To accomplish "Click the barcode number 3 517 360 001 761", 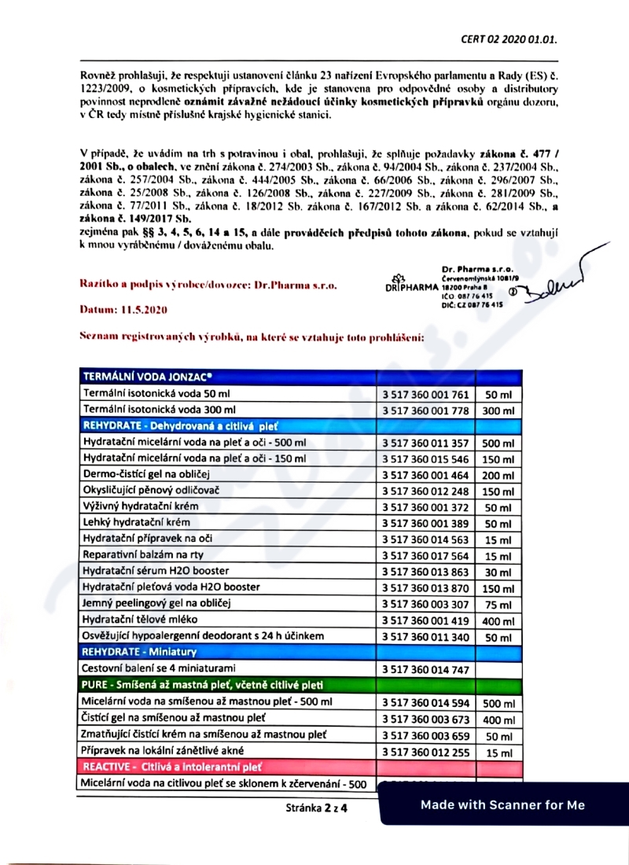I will (425, 394).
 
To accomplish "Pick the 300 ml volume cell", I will (498, 411).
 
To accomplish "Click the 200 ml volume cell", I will (498, 476).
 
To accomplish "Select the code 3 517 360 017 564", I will (425, 556).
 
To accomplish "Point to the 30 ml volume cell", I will (498, 572).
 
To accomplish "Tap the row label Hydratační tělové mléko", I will (142, 619).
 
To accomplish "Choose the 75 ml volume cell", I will (498, 605).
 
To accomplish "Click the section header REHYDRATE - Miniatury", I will (139, 652).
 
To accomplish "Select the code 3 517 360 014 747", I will (425, 669).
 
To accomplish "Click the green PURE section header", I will (203, 685).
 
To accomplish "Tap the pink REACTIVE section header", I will (172, 766).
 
